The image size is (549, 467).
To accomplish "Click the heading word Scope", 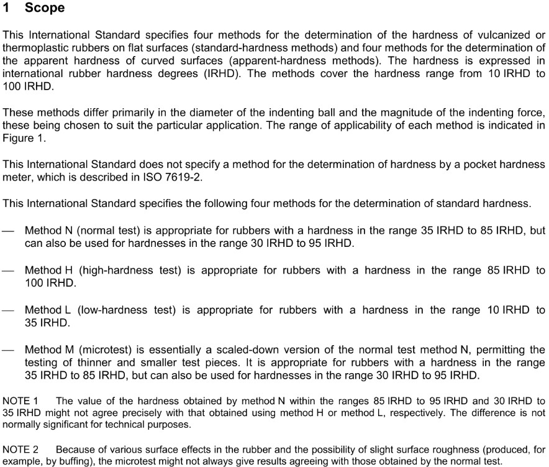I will [45, 8].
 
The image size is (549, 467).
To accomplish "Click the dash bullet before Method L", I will [8, 310].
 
